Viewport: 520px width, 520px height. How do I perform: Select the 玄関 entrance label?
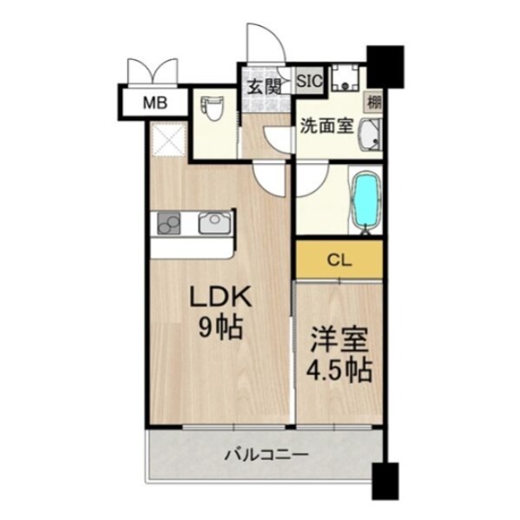click(263, 86)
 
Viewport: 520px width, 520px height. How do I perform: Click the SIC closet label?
click(310, 81)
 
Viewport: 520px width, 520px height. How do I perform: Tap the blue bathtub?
click(365, 200)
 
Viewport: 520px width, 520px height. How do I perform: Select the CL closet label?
click(339, 258)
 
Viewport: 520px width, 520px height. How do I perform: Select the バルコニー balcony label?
click(263, 453)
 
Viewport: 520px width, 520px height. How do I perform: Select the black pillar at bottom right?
click(385, 482)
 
